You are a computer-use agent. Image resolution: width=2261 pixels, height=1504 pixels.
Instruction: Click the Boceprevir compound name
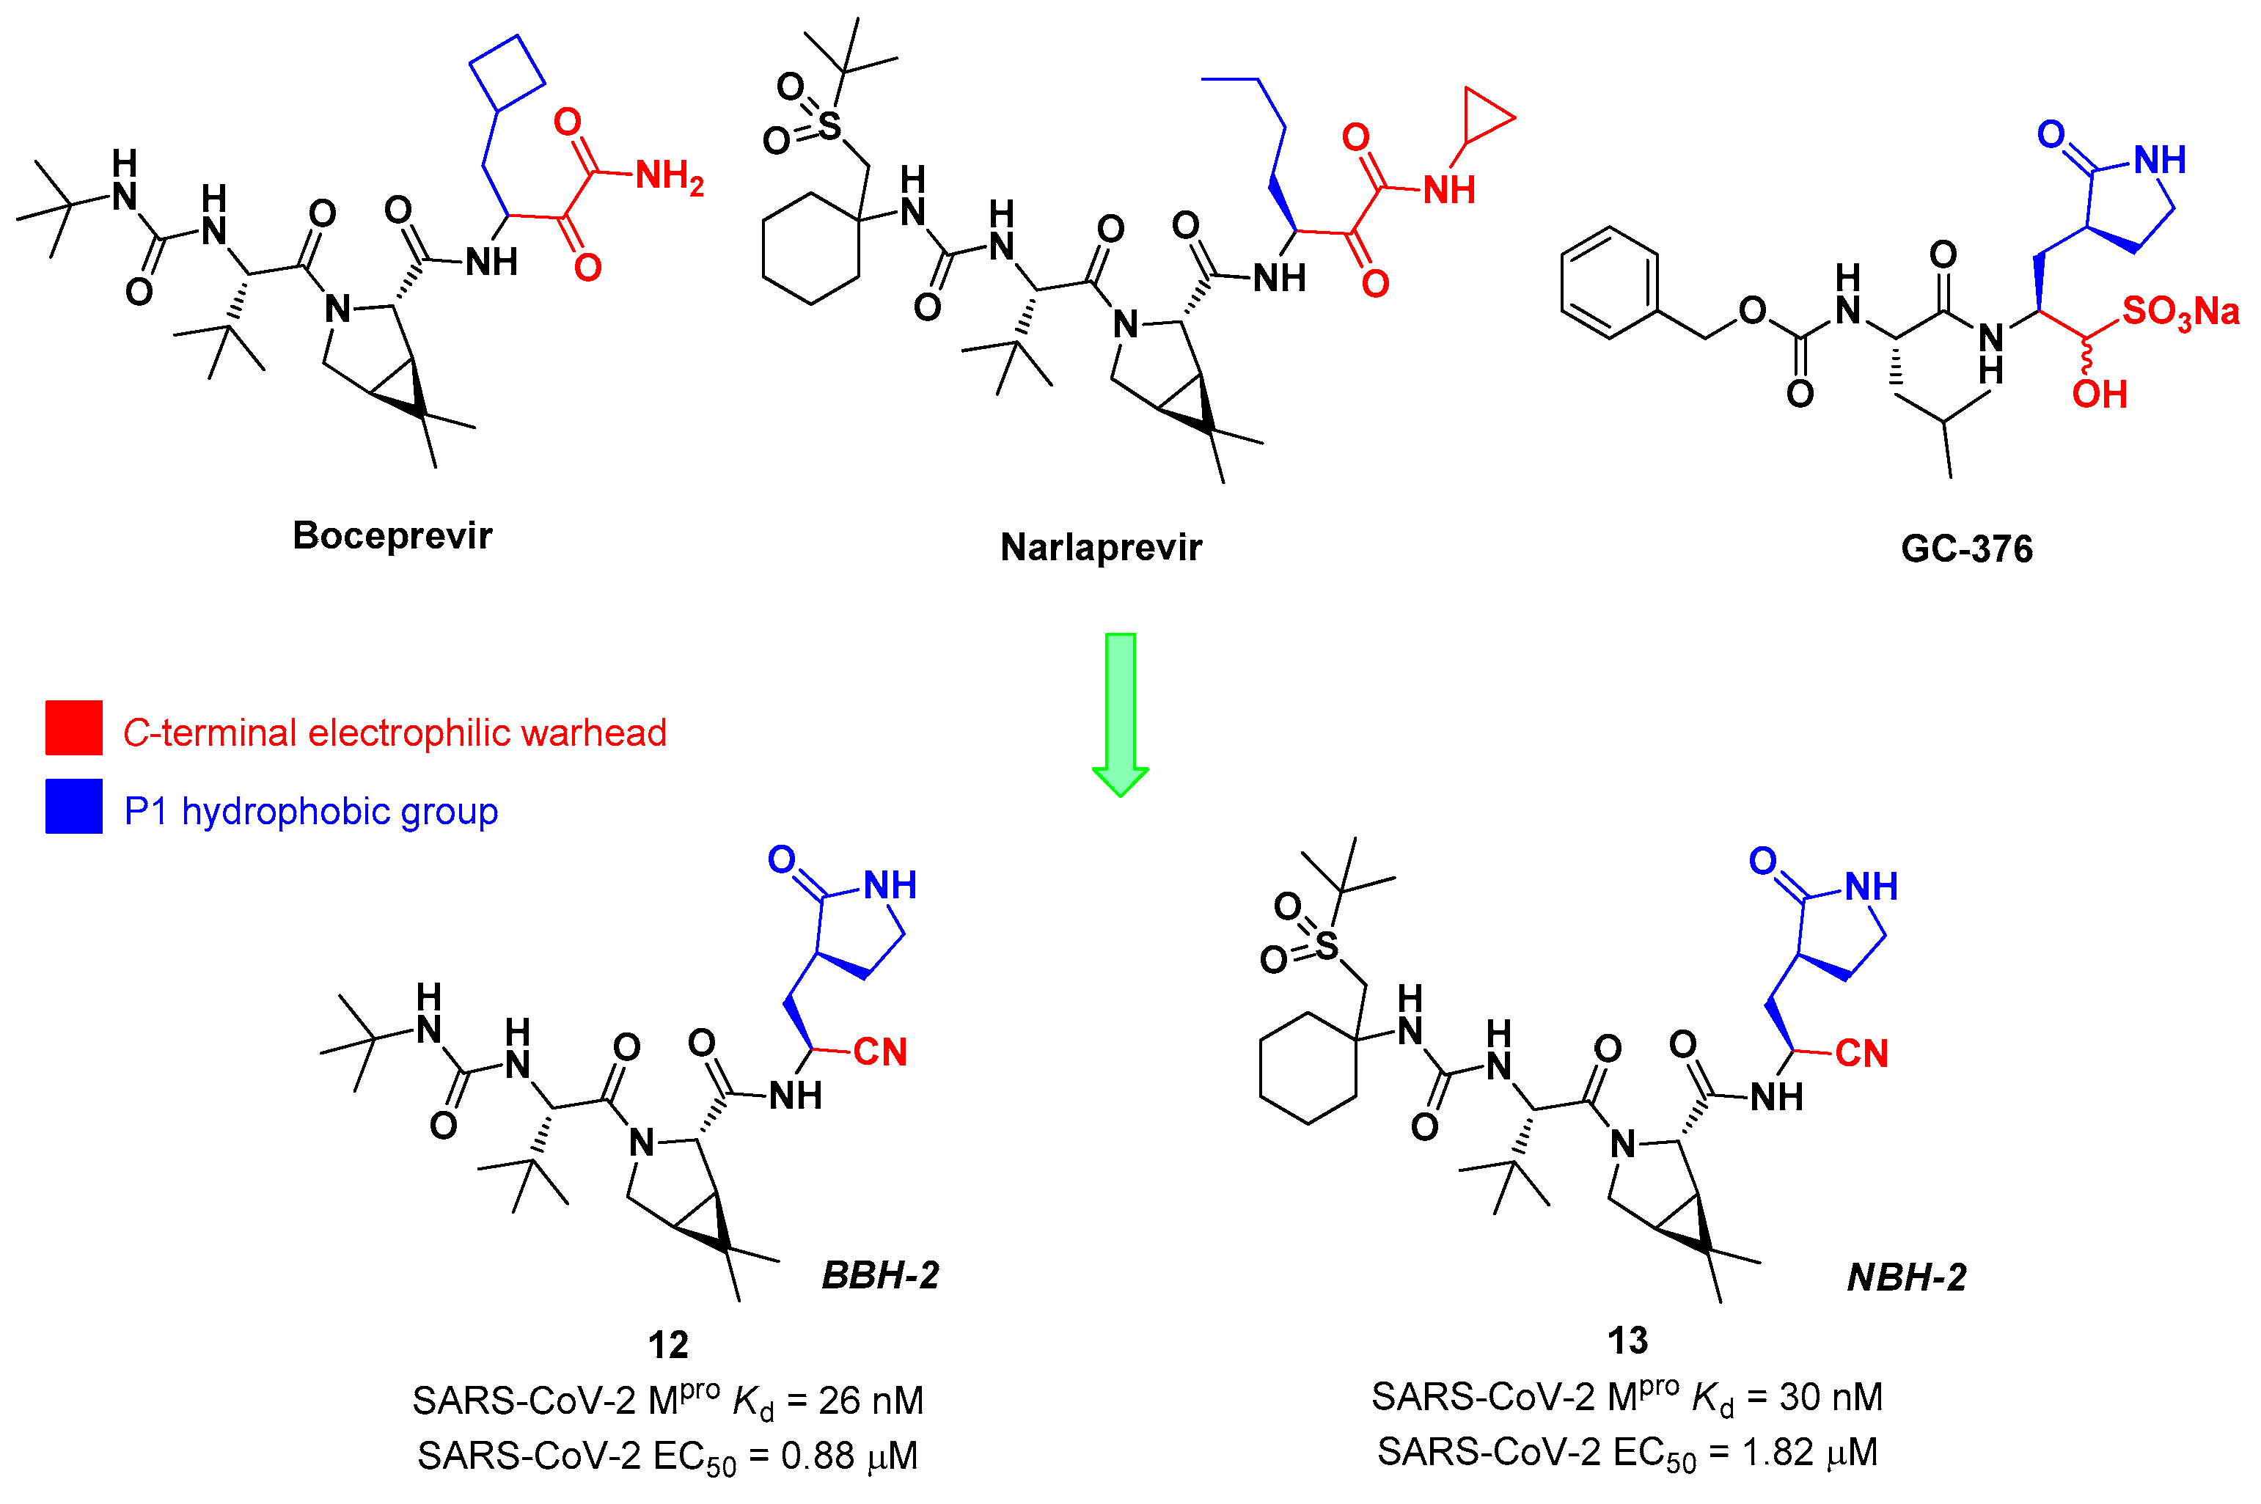(392, 535)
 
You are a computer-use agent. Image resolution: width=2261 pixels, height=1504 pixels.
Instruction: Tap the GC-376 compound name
(1966, 549)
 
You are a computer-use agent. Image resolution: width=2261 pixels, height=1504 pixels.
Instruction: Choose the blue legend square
(74, 806)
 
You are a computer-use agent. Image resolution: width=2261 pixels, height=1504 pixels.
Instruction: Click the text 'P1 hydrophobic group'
(311, 812)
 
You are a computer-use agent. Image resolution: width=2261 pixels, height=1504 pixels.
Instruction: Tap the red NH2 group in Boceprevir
(669, 177)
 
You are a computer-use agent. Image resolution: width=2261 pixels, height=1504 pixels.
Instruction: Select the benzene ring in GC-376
(1610, 283)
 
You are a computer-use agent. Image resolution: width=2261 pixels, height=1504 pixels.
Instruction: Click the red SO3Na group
(2180, 312)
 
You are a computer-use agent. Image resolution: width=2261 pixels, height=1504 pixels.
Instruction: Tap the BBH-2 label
(879, 1274)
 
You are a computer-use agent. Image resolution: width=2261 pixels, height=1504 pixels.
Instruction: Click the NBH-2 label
(1906, 1277)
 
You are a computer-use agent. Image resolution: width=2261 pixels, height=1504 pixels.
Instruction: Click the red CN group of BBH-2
(879, 1052)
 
